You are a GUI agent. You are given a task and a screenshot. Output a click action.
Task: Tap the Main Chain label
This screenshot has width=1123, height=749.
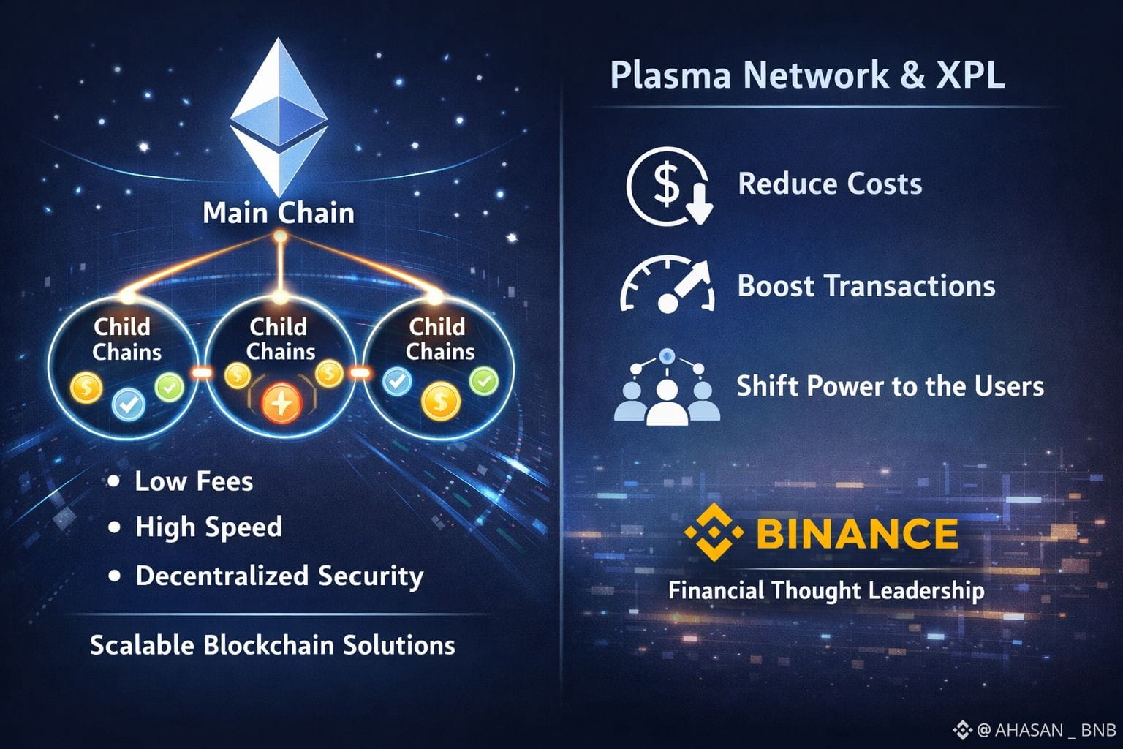pos(279,213)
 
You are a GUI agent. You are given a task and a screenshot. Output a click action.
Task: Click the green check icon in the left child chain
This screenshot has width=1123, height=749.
pos(170,387)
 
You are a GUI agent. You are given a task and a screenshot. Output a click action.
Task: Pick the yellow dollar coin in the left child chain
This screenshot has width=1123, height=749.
pos(86,387)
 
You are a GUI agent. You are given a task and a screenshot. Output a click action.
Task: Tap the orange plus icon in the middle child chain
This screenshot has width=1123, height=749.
pos(281,403)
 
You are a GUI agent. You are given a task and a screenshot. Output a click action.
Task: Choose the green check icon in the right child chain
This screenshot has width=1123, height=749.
pos(483,380)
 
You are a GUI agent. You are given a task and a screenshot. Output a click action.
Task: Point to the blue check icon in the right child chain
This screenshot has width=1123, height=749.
pos(397,381)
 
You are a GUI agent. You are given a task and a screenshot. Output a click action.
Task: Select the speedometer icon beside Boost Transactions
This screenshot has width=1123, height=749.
pos(668,285)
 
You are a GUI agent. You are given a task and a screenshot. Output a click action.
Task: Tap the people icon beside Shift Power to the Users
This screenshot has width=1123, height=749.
pos(666,388)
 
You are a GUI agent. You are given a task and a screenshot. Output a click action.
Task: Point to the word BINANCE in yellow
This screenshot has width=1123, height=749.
pos(856,534)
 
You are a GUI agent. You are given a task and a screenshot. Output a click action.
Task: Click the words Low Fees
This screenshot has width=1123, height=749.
pos(194,481)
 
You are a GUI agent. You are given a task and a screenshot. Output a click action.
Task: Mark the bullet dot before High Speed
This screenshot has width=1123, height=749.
pos(114,527)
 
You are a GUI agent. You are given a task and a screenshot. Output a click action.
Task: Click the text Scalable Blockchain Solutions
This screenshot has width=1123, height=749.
pos(272,645)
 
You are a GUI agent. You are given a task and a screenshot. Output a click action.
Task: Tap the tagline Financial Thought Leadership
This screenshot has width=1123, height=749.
pos(825,590)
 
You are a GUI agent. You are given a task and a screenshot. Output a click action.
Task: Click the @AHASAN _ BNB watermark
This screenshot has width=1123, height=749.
pos(1035,730)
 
